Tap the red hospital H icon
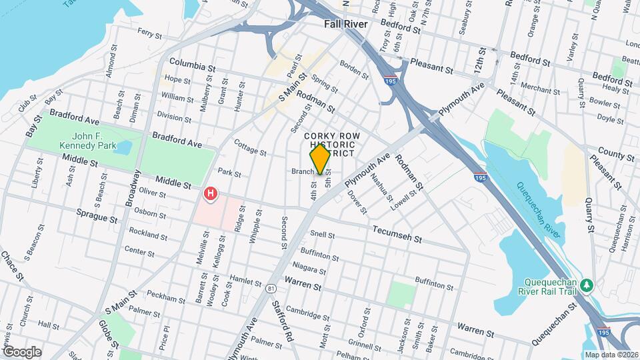pos(211,194)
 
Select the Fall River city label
pos(345,24)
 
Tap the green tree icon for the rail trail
pos(587,285)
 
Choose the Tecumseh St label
pos(399,238)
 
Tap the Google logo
pos(22,351)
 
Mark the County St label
pos(615,155)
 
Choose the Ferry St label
pos(150,31)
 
